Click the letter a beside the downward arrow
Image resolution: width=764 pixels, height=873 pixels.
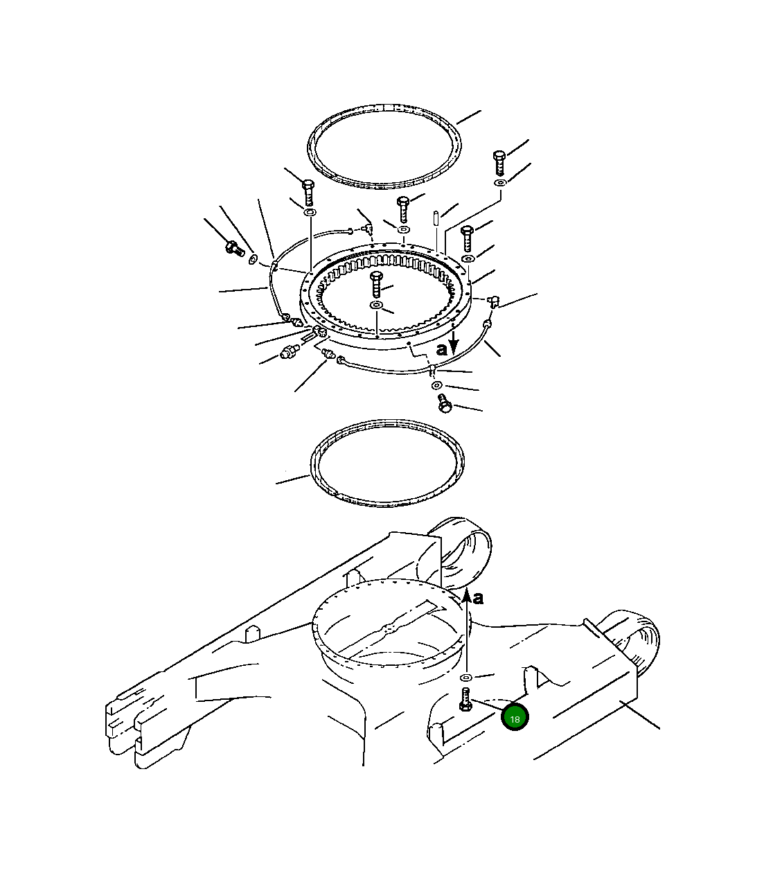442,349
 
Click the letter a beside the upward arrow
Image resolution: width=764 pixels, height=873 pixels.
479,598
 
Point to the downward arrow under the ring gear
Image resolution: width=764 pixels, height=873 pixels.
454,341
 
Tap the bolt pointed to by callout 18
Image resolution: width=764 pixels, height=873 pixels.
465,700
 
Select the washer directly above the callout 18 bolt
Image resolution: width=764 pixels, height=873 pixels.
466,678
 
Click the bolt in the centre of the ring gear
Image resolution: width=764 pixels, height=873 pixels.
376,284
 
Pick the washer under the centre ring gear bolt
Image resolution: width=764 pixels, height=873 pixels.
376,305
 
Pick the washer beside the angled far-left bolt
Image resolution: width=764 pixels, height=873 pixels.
253,258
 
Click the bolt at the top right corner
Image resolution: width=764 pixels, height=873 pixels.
499,163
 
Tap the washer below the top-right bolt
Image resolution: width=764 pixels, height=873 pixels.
500,183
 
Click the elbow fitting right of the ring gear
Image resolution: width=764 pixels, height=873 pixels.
493,301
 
